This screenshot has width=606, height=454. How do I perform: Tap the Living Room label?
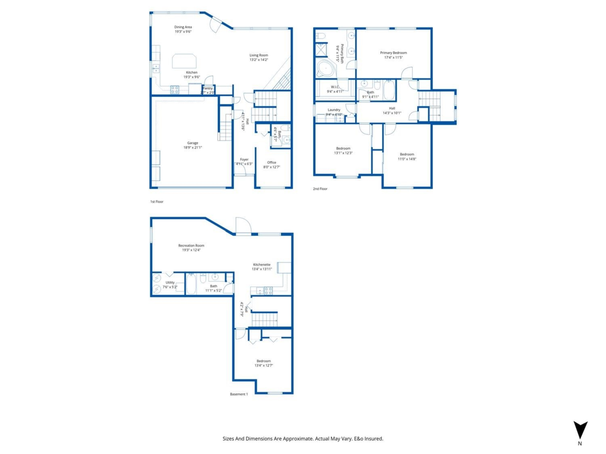(x=259, y=55)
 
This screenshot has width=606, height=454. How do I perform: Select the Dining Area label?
(x=183, y=27)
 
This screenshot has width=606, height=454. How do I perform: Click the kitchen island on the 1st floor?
(x=186, y=61)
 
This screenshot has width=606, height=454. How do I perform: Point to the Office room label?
(x=272, y=162)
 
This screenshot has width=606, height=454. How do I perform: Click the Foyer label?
(x=244, y=159)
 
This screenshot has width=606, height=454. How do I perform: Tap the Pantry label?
(x=208, y=88)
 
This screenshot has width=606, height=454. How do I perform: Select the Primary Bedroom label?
(x=393, y=52)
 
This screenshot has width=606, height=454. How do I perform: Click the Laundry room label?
(x=334, y=109)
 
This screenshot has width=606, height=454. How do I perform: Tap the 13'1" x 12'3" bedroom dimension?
(x=343, y=153)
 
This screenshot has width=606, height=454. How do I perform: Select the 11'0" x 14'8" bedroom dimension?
(x=407, y=159)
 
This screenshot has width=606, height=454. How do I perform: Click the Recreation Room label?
(x=191, y=246)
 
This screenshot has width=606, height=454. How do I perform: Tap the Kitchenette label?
(x=262, y=264)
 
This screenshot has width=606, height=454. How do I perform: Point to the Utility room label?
(x=170, y=282)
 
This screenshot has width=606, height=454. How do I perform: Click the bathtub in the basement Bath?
(x=191, y=285)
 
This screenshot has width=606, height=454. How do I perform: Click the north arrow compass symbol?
(x=580, y=430)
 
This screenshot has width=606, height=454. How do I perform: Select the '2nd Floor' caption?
(x=320, y=189)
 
